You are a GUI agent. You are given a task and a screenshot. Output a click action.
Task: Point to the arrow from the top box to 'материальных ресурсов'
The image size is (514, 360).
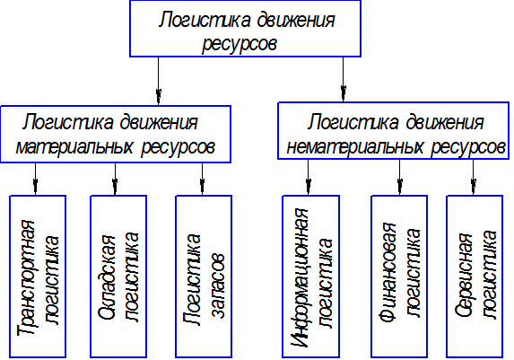pos(159,82)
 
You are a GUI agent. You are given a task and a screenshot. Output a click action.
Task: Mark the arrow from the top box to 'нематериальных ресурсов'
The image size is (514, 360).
pos(344,79)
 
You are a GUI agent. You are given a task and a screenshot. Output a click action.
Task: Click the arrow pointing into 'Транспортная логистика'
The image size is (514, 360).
pos(35,179)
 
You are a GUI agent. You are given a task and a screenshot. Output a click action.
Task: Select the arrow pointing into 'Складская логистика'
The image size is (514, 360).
pos(115,179)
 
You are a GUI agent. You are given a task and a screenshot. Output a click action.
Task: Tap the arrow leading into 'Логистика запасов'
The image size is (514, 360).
pos(202,179)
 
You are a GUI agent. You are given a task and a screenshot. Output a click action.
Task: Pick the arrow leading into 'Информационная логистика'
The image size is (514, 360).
pos(309,178)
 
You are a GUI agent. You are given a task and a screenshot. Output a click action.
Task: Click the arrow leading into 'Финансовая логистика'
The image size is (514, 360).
pos(399,178)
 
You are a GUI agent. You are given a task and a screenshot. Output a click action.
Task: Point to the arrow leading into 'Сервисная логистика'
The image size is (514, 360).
pos(473,178)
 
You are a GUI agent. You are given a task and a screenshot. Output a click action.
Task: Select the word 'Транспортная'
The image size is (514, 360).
pos(26,277)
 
